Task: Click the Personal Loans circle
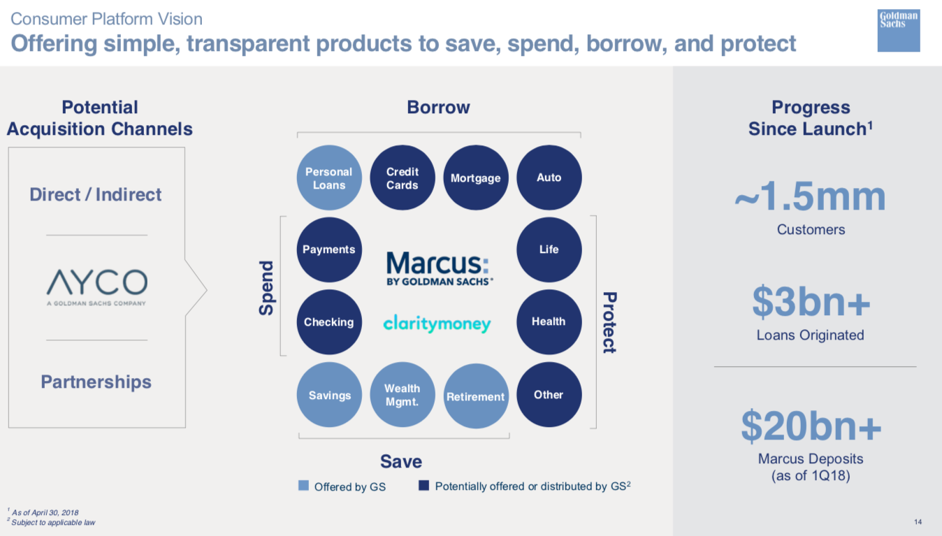pyautogui.click(x=329, y=178)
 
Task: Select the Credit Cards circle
pyautogui.click(x=403, y=178)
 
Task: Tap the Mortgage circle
pyautogui.click(x=476, y=178)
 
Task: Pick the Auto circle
pyautogui.click(x=549, y=178)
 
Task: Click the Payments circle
pyautogui.click(x=329, y=249)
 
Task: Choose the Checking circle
pyautogui.click(x=329, y=322)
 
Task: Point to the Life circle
pyautogui.click(x=549, y=249)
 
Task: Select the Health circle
pyautogui.click(x=549, y=322)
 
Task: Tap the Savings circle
pyautogui.click(x=329, y=395)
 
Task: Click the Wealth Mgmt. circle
pyautogui.click(x=403, y=395)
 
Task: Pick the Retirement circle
pyautogui.click(x=476, y=396)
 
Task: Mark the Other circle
pyautogui.click(x=549, y=395)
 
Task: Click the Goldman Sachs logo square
pyautogui.click(x=899, y=31)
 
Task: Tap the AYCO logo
pyautogui.click(x=96, y=287)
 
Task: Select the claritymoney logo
pyautogui.click(x=437, y=324)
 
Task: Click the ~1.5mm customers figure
pyautogui.click(x=811, y=196)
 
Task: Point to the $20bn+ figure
pyautogui.click(x=811, y=427)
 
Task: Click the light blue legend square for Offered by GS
pyautogui.click(x=303, y=486)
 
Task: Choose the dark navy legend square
pyautogui.click(x=424, y=486)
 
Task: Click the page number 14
pyautogui.click(x=918, y=522)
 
